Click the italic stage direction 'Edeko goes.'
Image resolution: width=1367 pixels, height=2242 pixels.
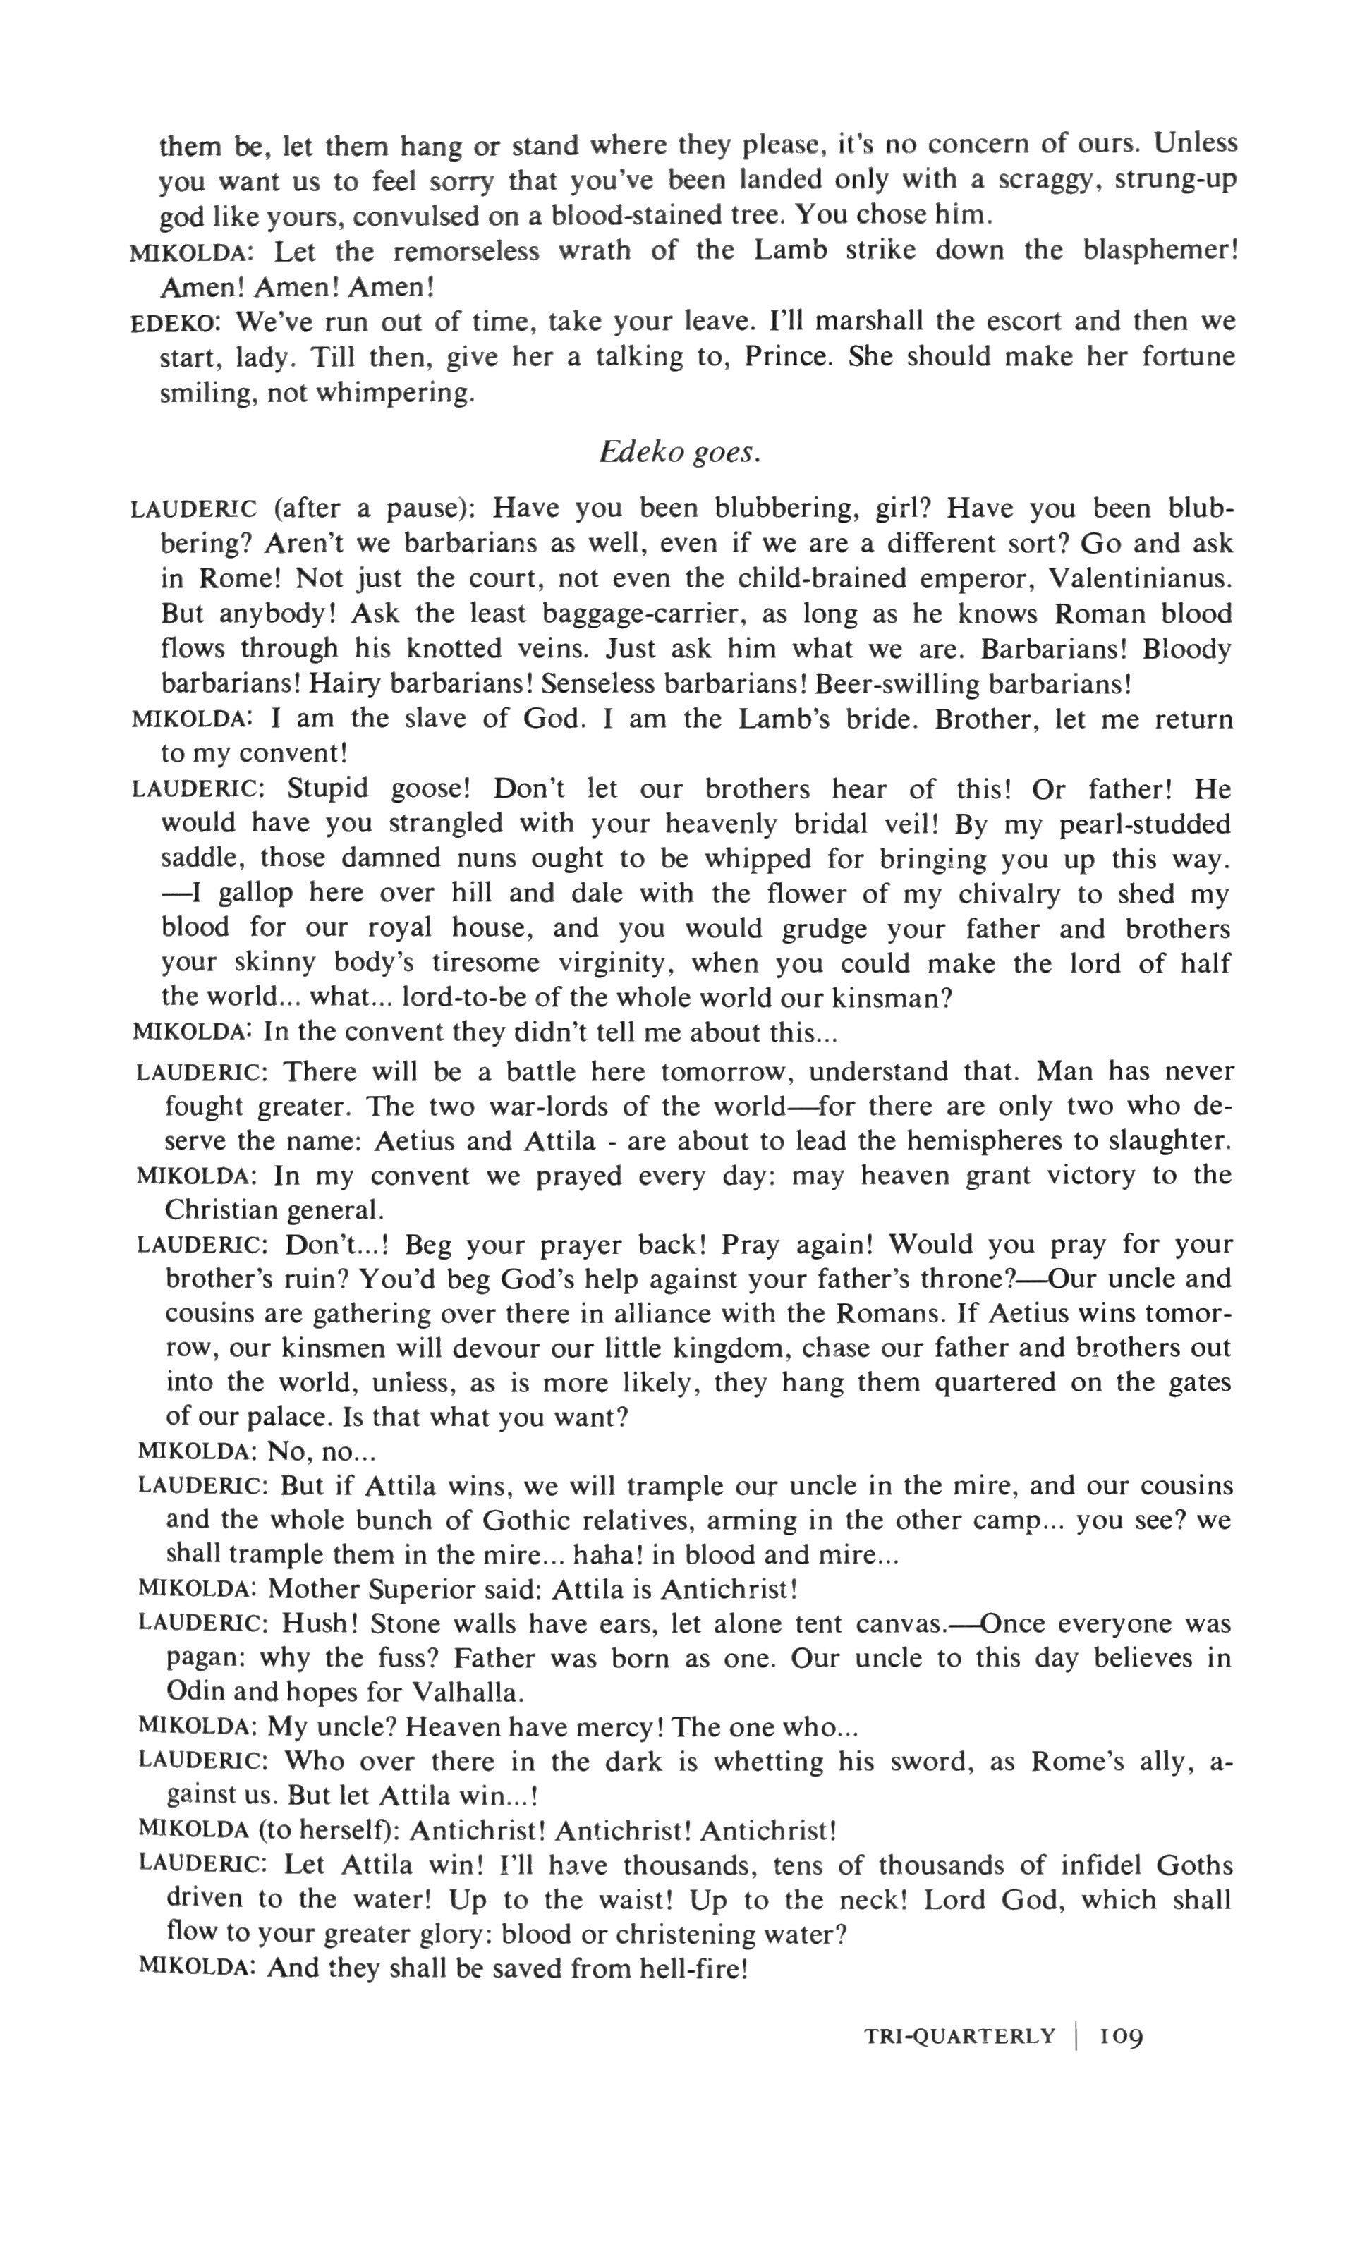[x=679, y=452]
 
